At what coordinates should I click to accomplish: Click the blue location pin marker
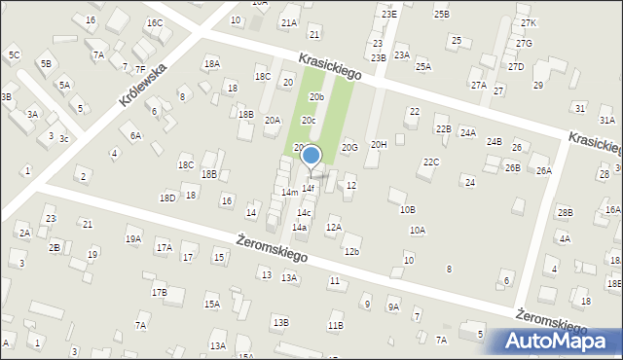pyautogui.click(x=311, y=156)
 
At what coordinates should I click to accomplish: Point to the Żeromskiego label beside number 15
pyautogui.click(x=272, y=249)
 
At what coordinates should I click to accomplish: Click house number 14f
pyautogui.click(x=308, y=188)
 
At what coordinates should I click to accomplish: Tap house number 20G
pyautogui.click(x=349, y=147)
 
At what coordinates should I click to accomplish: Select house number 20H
pyautogui.click(x=379, y=144)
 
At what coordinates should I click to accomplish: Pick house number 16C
pyautogui.click(x=154, y=22)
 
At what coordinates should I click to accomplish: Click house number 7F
pyautogui.click(x=140, y=69)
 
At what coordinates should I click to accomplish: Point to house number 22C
pyautogui.click(x=431, y=162)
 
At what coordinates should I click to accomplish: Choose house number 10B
pyautogui.click(x=407, y=209)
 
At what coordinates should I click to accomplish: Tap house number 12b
pyautogui.click(x=351, y=252)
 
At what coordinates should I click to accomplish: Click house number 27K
pyautogui.click(x=528, y=22)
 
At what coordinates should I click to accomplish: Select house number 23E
pyautogui.click(x=389, y=14)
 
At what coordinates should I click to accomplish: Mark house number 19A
pyautogui.click(x=132, y=238)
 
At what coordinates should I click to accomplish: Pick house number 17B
pyautogui.click(x=159, y=292)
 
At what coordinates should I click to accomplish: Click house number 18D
pyautogui.click(x=167, y=198)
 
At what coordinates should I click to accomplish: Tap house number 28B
pyautogui.click(x=565, y=212)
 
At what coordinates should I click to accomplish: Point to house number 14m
pyautogui.click(x=290, y=193)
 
